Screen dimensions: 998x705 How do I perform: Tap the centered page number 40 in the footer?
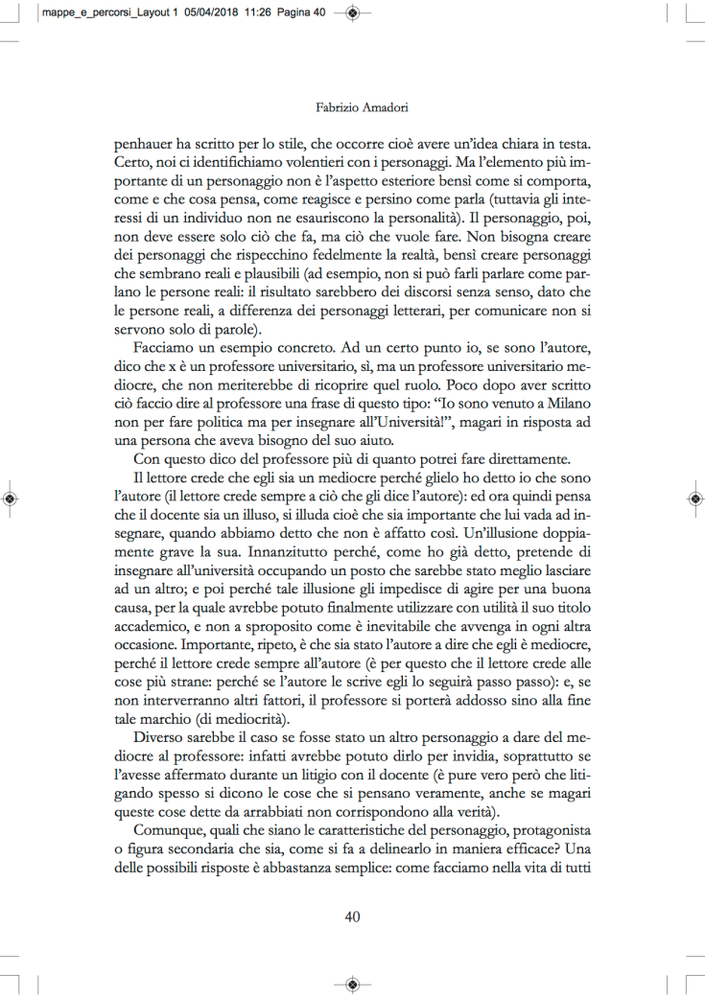352,916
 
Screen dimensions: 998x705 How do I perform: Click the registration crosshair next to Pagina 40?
352,13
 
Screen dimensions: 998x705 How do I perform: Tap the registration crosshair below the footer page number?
352,985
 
